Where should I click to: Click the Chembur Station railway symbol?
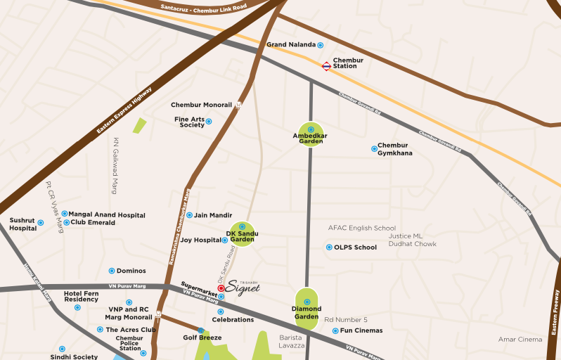326,66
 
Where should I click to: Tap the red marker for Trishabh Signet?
221,288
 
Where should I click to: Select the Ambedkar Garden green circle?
310,134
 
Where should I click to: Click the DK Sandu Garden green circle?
243,235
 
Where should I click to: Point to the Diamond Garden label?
306,313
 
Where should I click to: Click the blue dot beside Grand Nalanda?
320,45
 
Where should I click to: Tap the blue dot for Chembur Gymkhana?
374,148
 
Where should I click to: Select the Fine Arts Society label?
189,122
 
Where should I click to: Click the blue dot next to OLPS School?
328,247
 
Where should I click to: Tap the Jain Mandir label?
213,215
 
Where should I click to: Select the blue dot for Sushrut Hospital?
40,223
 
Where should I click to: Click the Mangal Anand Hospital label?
107,215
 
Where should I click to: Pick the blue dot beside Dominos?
111,271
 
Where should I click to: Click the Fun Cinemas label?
362,330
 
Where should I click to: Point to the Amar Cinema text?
520,340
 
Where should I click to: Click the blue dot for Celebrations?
220,311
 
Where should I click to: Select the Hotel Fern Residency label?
81,296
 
